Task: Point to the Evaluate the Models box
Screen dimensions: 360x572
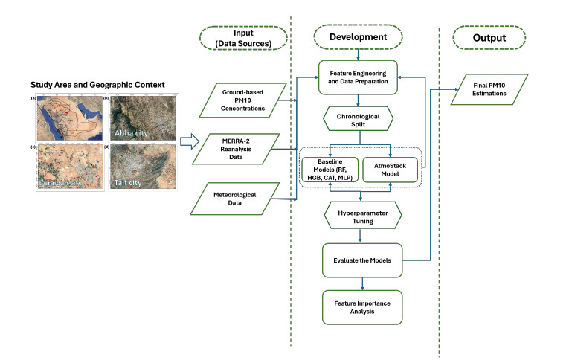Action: (x=361, y=260)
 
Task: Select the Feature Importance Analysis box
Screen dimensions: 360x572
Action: (x=361, y=306)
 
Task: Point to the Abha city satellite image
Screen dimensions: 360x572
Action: (x=142, y=118)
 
